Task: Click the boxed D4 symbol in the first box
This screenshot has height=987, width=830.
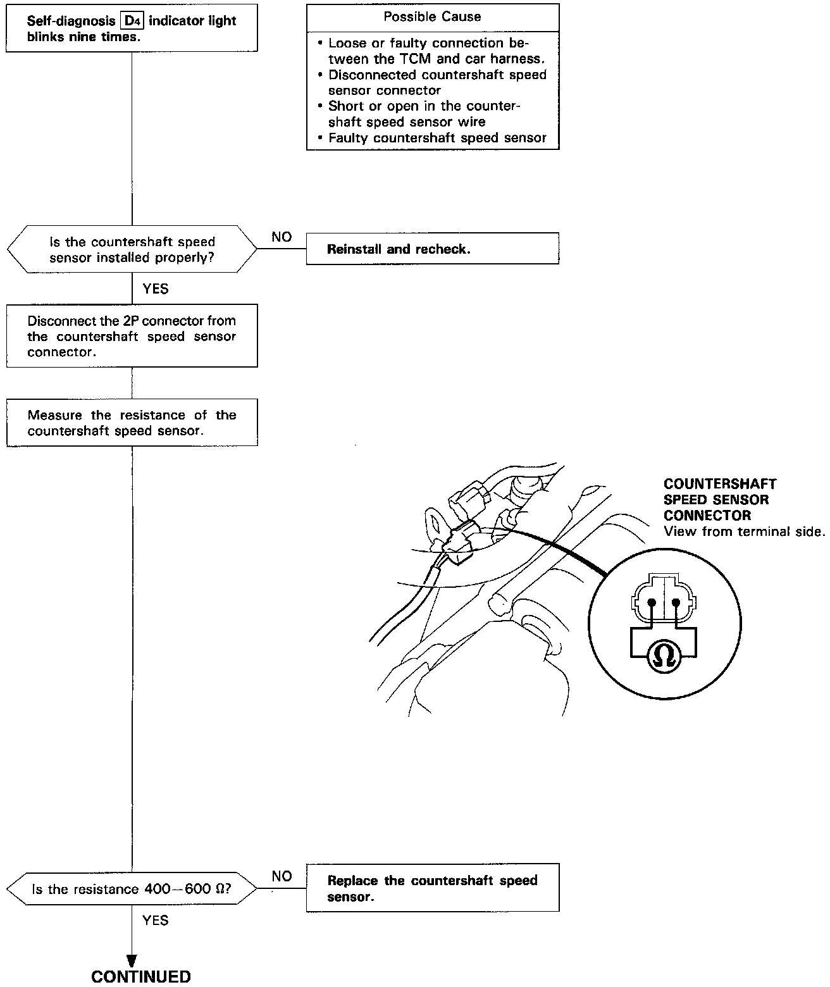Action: point(132,21)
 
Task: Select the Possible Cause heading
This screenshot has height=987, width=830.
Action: point(432,17)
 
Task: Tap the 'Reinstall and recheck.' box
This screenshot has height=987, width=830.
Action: point(432,249)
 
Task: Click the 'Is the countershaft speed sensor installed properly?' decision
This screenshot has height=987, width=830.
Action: point(132,249)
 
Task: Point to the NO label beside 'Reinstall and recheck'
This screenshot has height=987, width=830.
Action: point(282,237)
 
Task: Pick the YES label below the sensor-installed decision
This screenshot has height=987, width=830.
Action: point(156,289)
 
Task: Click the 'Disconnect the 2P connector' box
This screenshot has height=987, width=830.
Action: point(132,335)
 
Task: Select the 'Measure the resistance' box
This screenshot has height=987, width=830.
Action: point(132,423)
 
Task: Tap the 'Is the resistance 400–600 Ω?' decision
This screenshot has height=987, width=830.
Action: point(132,889)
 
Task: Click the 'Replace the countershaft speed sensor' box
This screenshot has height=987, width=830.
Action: point(432,888)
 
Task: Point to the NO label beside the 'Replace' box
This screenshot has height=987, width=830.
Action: point(282,876)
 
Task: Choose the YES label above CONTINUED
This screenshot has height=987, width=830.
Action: point(156,920)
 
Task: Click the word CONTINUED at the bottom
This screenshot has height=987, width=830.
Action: point(141,976)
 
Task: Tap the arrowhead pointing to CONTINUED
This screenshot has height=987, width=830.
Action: point(132,961)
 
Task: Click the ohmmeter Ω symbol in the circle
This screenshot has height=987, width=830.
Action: point(663,657)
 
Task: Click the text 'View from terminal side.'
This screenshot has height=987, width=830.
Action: point(745,531)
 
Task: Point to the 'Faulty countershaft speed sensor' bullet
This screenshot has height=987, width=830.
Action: point(437,138)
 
